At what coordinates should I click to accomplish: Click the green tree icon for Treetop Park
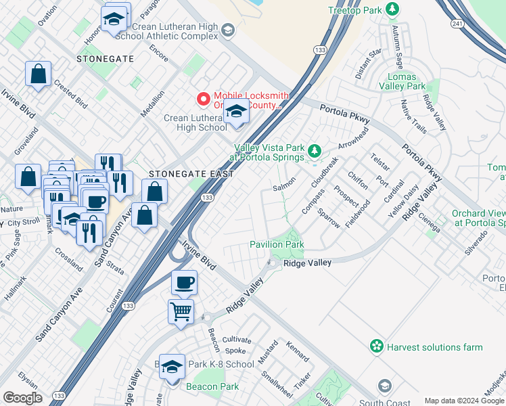click(391, 9)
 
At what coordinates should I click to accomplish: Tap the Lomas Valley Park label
click(402, 81)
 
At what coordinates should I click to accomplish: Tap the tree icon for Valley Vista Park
click(313, 150)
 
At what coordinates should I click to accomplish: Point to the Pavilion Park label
click(277, 244)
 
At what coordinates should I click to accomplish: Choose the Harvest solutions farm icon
click(375, 347)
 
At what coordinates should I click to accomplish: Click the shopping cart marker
click(181, 312)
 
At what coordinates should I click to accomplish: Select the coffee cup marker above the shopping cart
click(183, 283)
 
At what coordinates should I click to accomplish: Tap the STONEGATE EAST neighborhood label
click(191, 174)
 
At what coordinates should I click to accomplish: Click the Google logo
click(22, 398)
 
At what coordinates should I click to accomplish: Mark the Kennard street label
click(298, 352)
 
